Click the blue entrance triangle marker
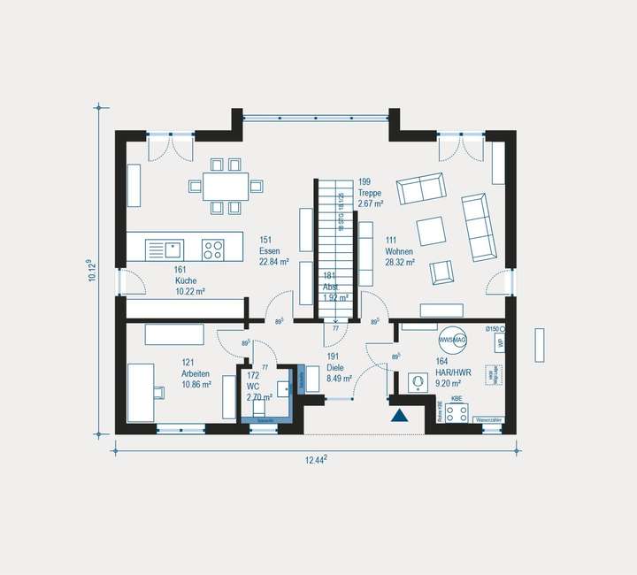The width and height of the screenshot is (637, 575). pos(400,415)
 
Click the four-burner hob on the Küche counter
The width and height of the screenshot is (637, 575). pos(212,249)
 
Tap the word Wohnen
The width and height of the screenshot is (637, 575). pos(399,251)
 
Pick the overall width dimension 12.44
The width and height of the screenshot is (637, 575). pos(316,459)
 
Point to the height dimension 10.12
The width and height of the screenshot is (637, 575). pos(91,270)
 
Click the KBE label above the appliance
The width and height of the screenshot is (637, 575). pos(457,400)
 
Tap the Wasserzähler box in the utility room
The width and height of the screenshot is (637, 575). pos(489,419)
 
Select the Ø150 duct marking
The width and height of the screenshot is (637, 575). pos(492,330)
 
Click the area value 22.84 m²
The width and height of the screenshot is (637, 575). pos(275,262)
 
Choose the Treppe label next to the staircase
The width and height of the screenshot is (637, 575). pos(371,193)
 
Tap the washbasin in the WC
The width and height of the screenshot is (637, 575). pos(283,387)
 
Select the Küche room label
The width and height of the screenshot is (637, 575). pos(185,280)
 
